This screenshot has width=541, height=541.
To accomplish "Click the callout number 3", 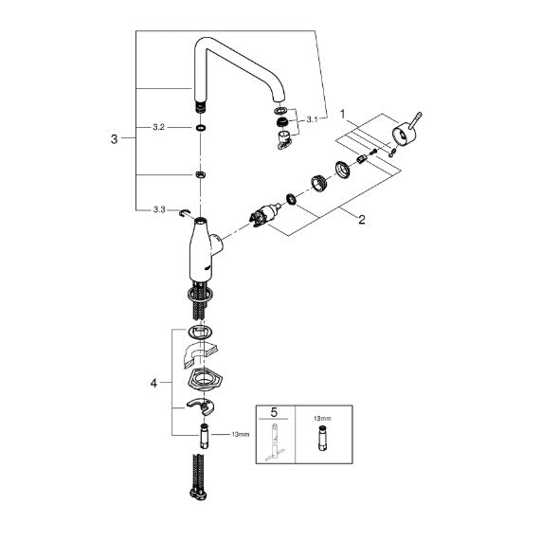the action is click(x=115, y=139).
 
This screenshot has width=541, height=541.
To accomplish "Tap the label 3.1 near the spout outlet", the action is click(x=312, y=120).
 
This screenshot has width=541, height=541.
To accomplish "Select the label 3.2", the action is click(x=159, y=127).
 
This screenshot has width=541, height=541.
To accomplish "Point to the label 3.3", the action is click(x=159, y=209).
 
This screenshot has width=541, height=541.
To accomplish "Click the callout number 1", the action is click(x=343, y=114).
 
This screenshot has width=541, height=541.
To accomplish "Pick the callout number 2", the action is click(x=362, y=220).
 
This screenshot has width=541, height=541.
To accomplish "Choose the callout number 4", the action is click(x=153, y=383).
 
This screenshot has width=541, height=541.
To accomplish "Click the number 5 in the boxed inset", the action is click(x=274, y=412).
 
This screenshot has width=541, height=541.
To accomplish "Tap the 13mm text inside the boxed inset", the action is click(x=322, y=419).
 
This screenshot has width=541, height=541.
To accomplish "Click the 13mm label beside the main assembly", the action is click(x=241, y=434).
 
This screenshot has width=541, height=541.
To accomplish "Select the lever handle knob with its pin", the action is click(x=405, y=130).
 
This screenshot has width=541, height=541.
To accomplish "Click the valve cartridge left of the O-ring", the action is click(x=265, y=216).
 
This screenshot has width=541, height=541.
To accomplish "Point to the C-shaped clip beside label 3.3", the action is click(x=184, y=214).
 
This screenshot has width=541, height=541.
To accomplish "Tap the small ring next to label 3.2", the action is click(x=201, y=128).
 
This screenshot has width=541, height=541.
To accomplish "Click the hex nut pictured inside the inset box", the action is click(x=322, y=438).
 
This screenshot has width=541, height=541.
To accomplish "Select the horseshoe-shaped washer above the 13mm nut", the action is click(x=201, y=406).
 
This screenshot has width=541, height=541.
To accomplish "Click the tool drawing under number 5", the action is click(x=275, y=442).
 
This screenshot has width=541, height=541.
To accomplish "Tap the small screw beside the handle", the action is click(x=373, y=152).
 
